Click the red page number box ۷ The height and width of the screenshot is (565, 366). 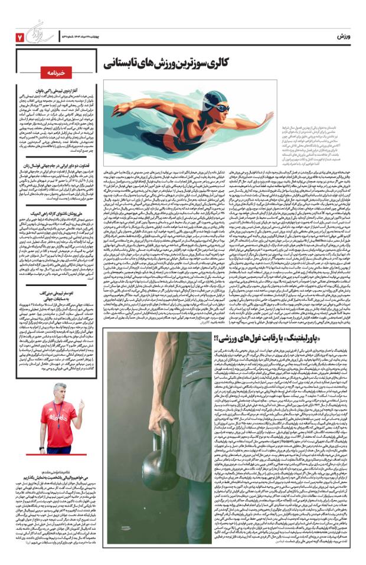[x=19, y=37]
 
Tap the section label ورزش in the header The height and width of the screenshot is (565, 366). [x=347, y=37]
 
